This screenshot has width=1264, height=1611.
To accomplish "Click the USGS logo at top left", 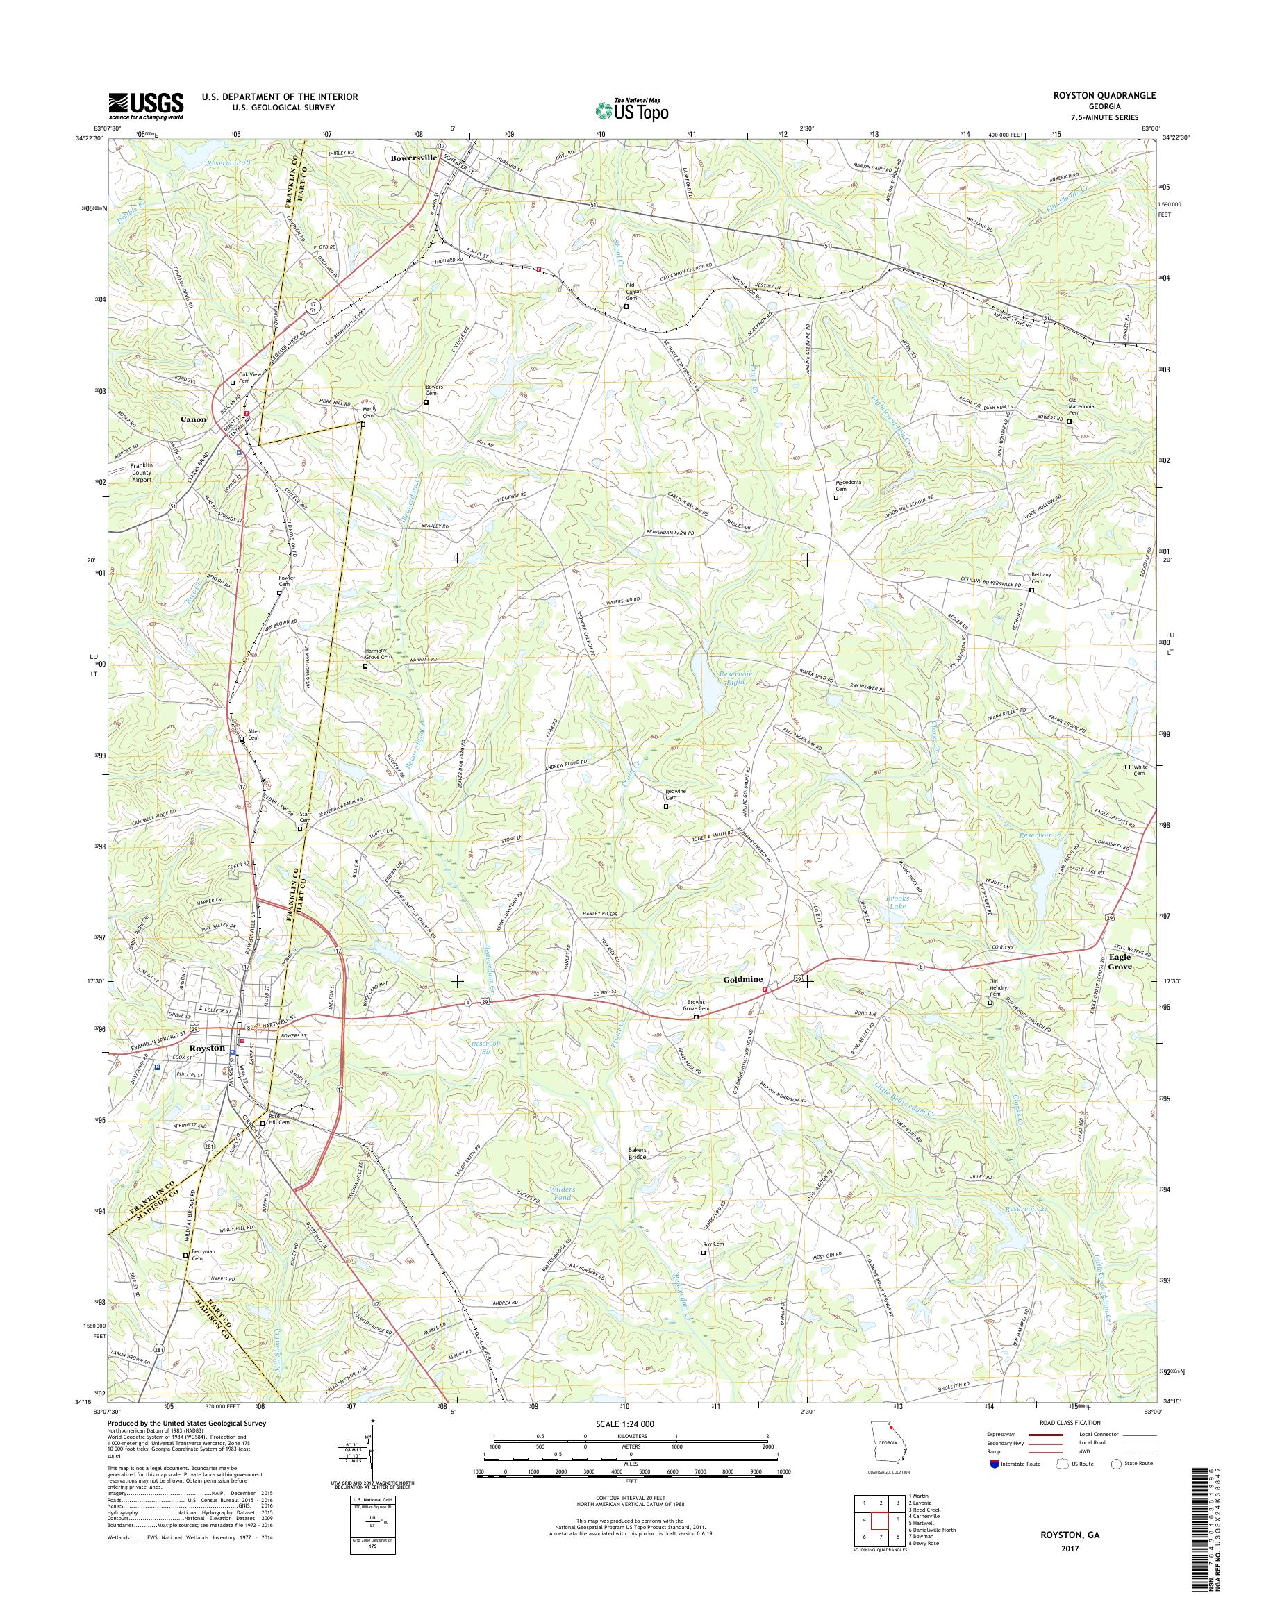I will click(x=146, y=106).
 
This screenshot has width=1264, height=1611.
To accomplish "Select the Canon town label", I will click(x=193, y=419).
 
